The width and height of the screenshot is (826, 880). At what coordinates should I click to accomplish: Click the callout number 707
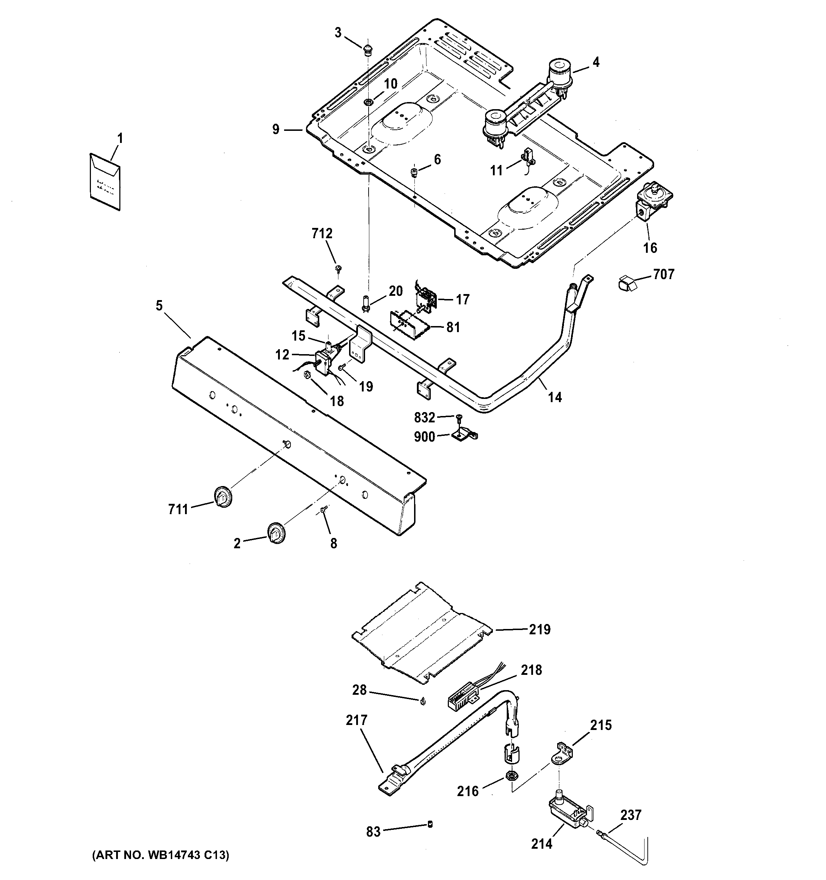tap(664, 274)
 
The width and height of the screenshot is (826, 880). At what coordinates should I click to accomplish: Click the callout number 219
tap(539, 629)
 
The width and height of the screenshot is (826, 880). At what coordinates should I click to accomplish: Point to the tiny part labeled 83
tap(429, 824)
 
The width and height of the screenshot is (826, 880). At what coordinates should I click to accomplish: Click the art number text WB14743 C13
tap(161, 855)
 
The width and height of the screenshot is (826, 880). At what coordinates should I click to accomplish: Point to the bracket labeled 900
tap(464, 436)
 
